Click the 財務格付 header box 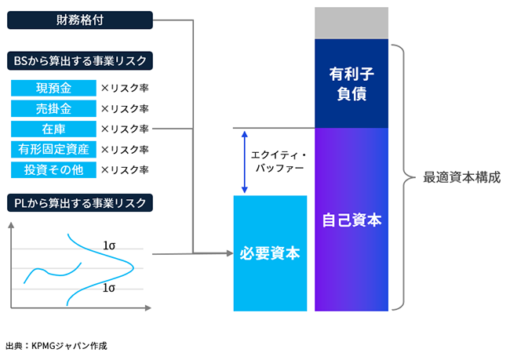click(79, 20)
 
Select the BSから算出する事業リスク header click(79, 60)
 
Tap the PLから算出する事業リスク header click(79, 202)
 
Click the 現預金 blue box click(53, 88)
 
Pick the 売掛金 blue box click(53, 108)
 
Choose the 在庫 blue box click(53, 129)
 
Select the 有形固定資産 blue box click(53, 149)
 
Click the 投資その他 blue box click(53, 169)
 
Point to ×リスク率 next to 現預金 click(124, 88)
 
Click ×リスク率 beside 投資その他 click(124, 169)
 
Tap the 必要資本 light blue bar click(272, 253)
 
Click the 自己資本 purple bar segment click(352, 220)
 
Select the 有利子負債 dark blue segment click(352, 83)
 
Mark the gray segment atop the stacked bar click(352, 24)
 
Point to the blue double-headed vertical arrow click(246, 162)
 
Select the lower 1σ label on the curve click(109, 288)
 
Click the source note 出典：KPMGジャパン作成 click(56, 345)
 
